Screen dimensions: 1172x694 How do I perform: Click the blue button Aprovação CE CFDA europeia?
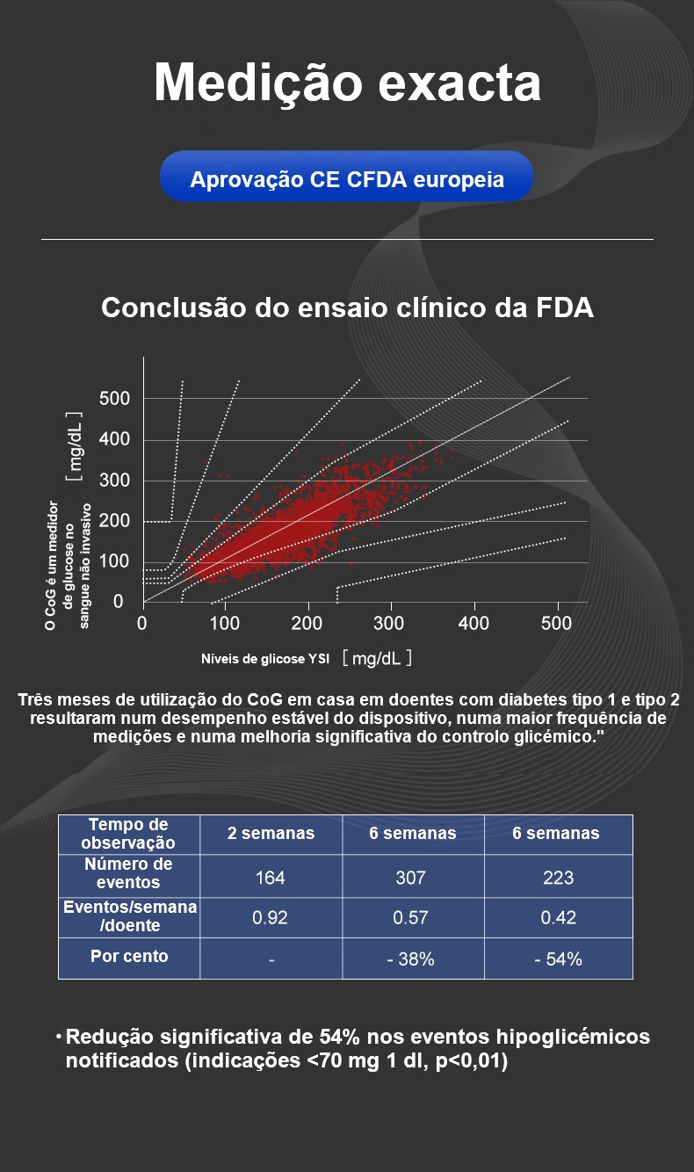click(x=347, y=180)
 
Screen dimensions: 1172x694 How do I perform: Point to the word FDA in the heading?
click(x=562, y=308)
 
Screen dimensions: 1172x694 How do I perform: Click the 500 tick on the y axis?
click(x=114, y=399)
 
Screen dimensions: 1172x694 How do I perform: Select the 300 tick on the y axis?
click(x=114, y=481)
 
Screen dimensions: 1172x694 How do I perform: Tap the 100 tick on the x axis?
click(x=225, y=624)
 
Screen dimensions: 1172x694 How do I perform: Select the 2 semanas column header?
click(x=271, y=833)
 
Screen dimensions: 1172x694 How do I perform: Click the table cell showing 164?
click(x=270, y=877)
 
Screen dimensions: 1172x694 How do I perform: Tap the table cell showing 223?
click(x=558, y=877)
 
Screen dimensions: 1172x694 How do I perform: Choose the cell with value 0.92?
click(x=270, y=918)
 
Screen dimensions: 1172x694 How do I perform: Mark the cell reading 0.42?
click(x=558, y=918)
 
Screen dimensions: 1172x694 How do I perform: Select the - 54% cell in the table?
click(x=558, y=959)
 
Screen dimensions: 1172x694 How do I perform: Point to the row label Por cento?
click(x=129, y=956)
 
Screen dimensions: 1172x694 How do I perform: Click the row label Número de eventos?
click(x=129, y=873)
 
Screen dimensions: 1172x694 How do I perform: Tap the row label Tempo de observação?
click(x=129, y=833)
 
